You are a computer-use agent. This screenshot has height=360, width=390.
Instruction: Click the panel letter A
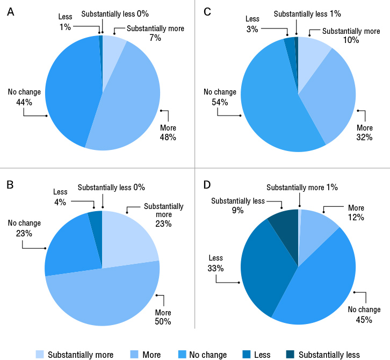10,12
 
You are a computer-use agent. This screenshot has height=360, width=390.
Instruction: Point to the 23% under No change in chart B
24,234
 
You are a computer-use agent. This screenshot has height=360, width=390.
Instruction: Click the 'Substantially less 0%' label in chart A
114,13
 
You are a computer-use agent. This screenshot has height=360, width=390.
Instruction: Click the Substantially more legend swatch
40,355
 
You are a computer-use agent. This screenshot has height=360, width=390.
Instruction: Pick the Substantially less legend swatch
290,355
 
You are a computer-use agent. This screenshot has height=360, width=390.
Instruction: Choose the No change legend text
208,355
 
